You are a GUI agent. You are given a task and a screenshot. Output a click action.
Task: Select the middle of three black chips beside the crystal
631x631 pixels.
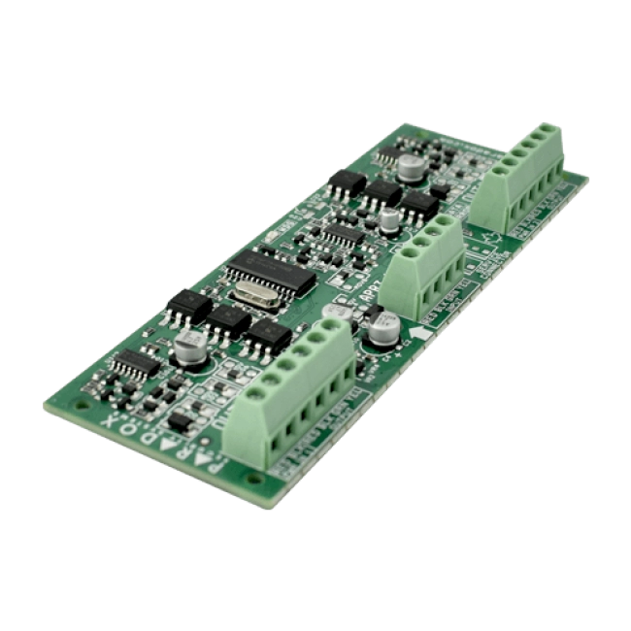coord(223,318)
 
